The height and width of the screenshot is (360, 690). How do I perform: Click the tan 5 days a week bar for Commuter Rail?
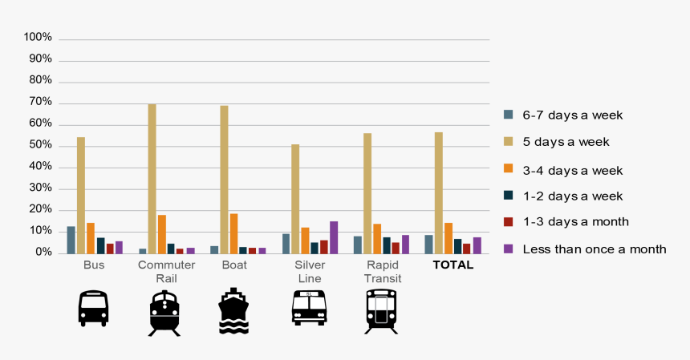pyautogui.click(x=152, y=179)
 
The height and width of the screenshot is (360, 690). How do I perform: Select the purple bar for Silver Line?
pyautogui.click(x=334, y=237)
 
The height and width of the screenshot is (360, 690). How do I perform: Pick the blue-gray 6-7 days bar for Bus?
pyautogui.click(x=71, y=240)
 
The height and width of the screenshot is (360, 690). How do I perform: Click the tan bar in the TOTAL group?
pyautogui.click(x=438, y=192)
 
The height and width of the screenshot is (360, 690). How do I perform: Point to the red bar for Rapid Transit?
pyautogui.click(x=396, y=248)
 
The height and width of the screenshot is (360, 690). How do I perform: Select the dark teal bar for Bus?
pyautogui.click(x=100, y=245)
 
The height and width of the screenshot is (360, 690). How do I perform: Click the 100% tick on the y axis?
pyautogui.click(x=38, y=38)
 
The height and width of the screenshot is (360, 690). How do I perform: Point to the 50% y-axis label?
pyautogui.click(x=39, y=145)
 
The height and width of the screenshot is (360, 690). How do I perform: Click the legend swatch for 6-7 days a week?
pyautogui.click(x=508, y=115)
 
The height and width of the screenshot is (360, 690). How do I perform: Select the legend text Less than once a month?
pyautogui.click(x=594, y=249)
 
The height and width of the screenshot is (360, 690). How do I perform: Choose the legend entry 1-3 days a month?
pyautogui.click(x=575, y=222)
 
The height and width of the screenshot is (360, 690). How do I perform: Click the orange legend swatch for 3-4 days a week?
pyautogui.click(x=508, y=169)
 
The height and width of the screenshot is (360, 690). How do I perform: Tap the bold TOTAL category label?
pyautogui.click(x=453, y=265)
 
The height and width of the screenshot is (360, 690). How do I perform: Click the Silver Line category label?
pyautogui.click(x=309, y=271)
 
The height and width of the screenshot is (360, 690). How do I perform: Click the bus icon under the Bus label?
pyautogui.click(x=93, y=309)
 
